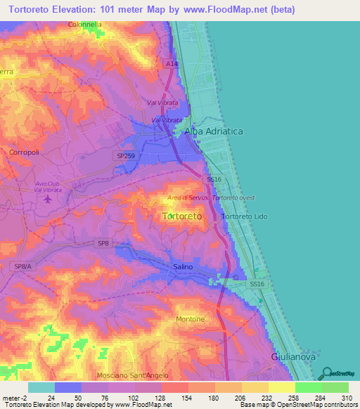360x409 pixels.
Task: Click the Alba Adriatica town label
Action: coord(213,131)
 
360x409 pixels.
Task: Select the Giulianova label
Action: coord(293,356)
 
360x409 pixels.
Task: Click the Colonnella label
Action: coord(85,24)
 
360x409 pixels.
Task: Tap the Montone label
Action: coord(190,319)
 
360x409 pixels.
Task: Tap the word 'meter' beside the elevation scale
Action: coord(10,397)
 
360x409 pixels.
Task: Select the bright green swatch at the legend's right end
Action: coord(335,387)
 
